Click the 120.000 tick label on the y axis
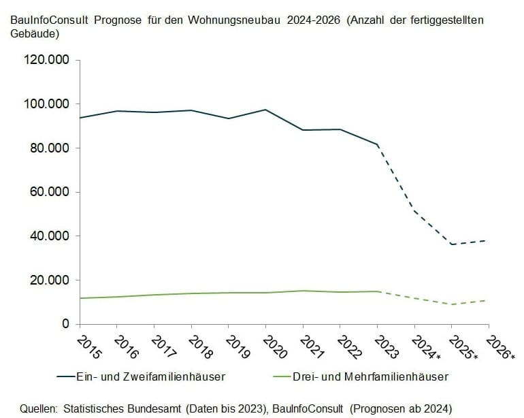tap(47, 60)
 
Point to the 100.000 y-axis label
tap(47, 104)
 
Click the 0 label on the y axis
tap(66, 324)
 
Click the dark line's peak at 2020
tap(265, 110)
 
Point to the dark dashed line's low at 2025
tap(451, 244)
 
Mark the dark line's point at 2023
tap(377, 145)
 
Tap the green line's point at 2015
tap(80, 298)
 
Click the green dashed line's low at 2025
tap(451, 304)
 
